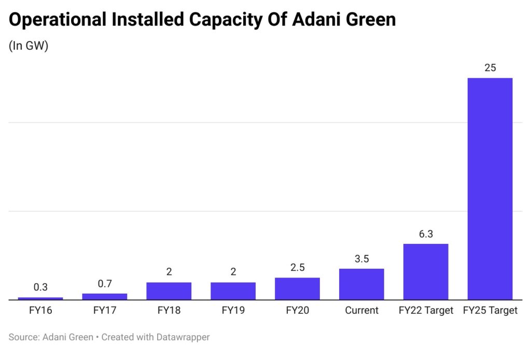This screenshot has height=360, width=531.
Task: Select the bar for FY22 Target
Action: tap(426, 271)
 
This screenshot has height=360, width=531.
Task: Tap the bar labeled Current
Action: tap(361, 284)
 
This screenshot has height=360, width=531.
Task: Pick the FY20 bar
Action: tap(297, 288)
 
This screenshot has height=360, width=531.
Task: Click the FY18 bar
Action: tap(169, 290)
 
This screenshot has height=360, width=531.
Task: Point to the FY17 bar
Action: tap(104, 296)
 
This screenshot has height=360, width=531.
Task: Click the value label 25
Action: tap(490, 68)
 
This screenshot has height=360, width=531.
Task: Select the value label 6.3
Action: tap(426, 234)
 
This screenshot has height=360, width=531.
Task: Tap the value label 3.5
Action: tap(361, 259)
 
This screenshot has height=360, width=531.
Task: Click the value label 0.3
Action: tap(40, 287)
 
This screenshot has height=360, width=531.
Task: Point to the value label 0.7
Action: tap(104, 284)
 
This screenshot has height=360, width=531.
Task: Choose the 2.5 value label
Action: tap(297, 268)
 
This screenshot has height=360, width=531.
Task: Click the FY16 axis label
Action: tap(40, 311)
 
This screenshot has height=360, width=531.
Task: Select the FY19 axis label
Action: tap(233, 311)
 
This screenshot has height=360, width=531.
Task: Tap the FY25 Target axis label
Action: tap(490, 311)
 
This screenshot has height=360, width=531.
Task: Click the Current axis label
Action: tap(361, 311)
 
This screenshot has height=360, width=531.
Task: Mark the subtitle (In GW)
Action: tap(29, 46)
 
